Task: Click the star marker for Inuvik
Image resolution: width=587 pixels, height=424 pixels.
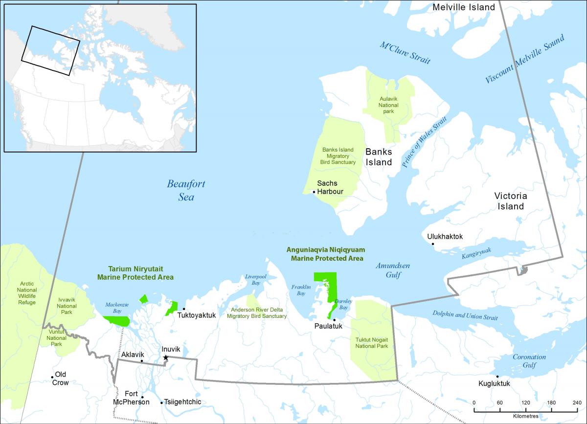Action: (166, 357)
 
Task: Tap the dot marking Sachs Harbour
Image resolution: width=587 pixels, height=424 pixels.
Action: (314, 192)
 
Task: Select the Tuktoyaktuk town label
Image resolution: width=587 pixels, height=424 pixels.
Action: (200, 315)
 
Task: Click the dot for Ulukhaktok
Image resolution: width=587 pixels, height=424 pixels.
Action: (432, 244)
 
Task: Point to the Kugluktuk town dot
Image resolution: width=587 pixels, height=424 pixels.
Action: (497, 377)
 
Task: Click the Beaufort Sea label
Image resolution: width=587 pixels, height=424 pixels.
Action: (186, 190)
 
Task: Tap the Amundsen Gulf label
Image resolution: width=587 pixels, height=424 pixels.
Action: (393, 270)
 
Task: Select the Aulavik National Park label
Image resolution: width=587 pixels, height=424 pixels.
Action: (389, 105)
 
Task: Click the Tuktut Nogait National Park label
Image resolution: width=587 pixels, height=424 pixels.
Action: (372, 342)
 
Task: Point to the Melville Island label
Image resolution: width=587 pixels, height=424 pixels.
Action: (464, 7)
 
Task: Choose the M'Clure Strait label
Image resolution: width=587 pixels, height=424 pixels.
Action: (405, 53)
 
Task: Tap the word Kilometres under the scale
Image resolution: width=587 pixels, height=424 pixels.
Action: (526, 416)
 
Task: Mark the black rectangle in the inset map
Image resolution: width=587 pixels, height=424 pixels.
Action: (50, 50)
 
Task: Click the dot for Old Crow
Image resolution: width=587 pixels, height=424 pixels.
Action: (52, 377)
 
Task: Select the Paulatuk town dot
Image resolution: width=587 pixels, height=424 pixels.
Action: (334, 320)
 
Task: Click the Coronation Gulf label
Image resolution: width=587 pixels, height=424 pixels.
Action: (529, 361)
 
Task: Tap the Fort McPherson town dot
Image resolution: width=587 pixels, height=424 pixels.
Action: (142, 397)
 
